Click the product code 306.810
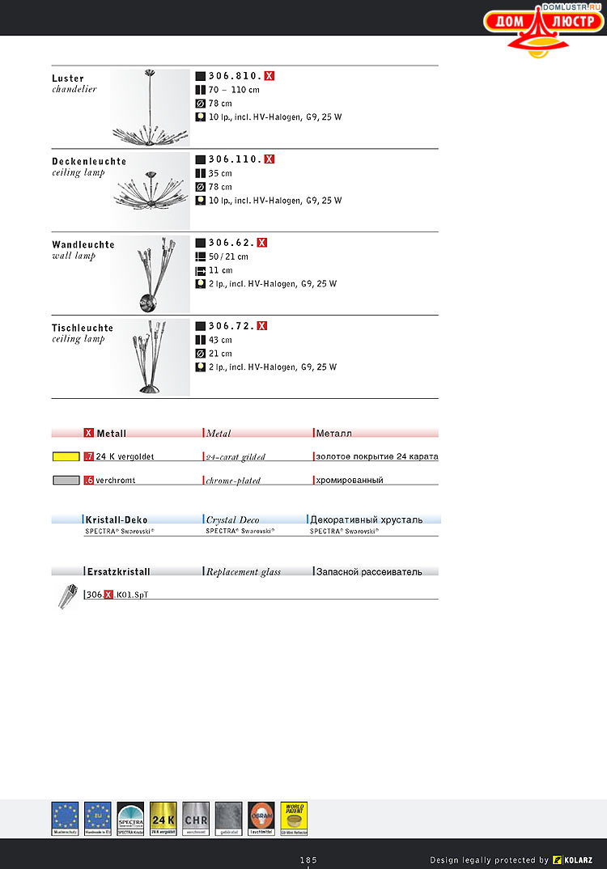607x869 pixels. pyautogui.click(x=235, y=76)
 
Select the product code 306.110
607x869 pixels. pyautogui.click(x=235, y=159)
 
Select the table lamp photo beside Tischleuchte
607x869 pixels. pyautogui.click(x=151, y=357)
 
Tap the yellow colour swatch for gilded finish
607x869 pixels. pyautogui.click(x=66, y=456)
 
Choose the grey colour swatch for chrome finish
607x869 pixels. pyautogui.click(x=66, y=480)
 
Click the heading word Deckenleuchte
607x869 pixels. pyautogui.click(x=89, y=161)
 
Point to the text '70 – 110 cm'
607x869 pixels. pyautogui.click(x=234, y=90)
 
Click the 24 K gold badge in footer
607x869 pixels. pyautogui.click(x=163, y=817)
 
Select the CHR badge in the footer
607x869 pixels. pyautogui.click(x=196, y=817)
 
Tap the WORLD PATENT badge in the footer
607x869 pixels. pyautogui.click(x=294, y=817)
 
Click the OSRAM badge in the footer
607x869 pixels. pyautogui.click(x=261, y=817)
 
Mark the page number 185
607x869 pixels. pyautogui.click(x=308, y=859)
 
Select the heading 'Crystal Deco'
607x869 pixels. pyautogui.click(x=233, y=519)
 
